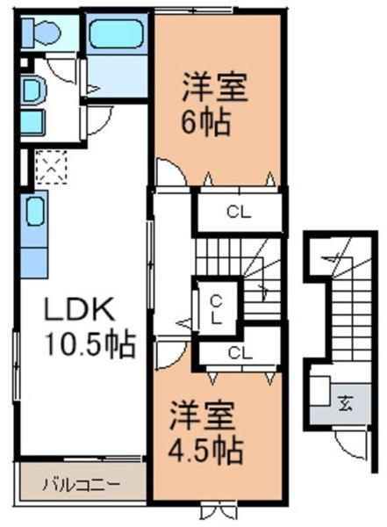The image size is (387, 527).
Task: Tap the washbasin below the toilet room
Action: point(32,90)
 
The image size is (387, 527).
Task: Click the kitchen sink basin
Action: point(35,211)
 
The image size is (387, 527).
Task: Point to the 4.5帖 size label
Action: point(204,451)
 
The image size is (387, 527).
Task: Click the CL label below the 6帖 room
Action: point(235,211)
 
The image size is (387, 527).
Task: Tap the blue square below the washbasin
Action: point(32,122)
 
